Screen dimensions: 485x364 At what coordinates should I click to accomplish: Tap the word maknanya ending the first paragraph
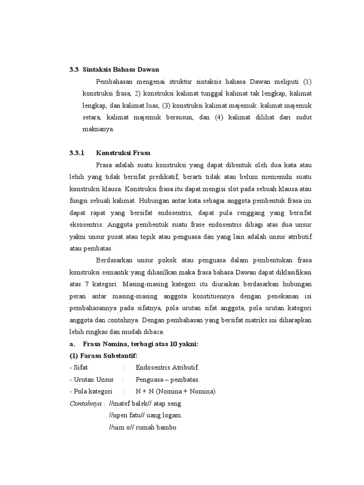point(98,129)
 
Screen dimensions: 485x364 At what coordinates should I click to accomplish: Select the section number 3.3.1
point(76,153)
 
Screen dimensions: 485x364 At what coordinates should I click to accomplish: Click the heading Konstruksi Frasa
point(123,153)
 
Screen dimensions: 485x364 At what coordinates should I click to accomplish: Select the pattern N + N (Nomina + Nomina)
point(175,392)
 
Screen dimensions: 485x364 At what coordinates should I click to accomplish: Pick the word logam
point(172,415)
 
